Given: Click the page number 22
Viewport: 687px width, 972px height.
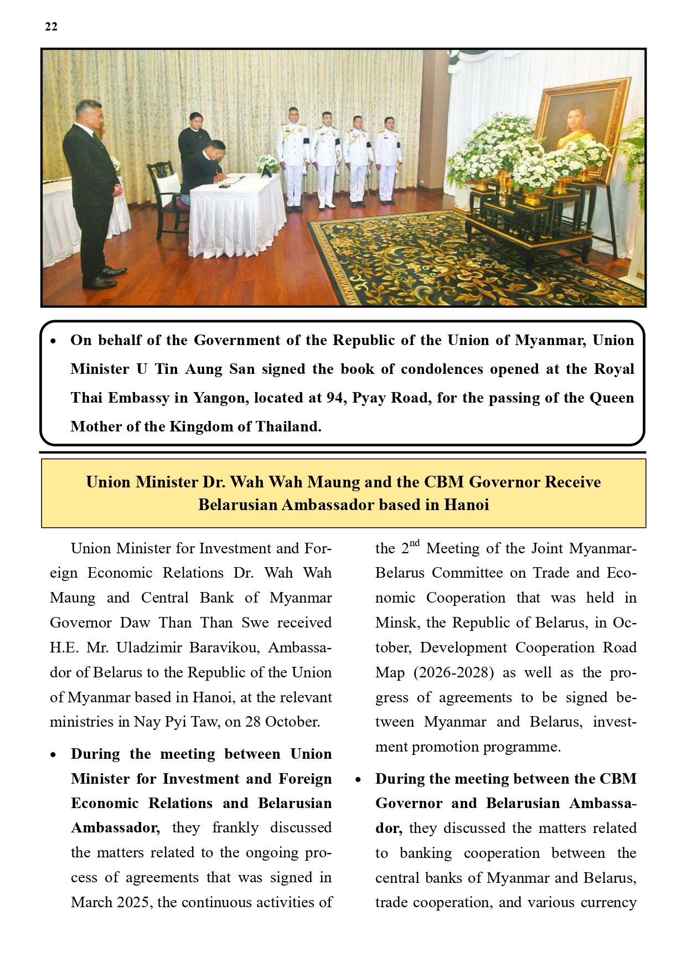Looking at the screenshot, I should tap(51, 27).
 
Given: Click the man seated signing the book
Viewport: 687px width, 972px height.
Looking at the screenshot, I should tap(205, 169).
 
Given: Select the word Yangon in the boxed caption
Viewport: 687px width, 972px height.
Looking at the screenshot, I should tap(221, 398).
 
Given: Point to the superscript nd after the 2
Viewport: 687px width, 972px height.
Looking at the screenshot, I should tap(415, 543).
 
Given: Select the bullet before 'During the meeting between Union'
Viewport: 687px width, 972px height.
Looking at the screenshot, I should tap(53, 755).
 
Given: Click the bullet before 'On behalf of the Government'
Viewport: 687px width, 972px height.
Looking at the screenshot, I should tap(53, 341).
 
